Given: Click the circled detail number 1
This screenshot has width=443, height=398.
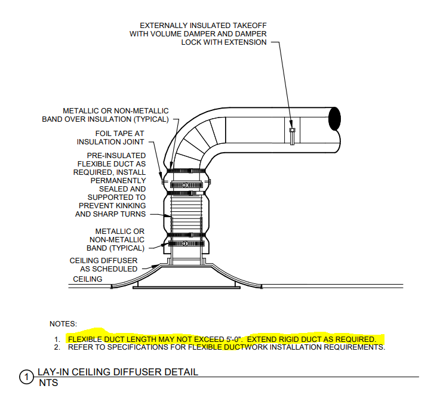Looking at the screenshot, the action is click(x=26, y=377).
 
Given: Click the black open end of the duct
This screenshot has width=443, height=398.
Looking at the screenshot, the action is click(x=334, y=119).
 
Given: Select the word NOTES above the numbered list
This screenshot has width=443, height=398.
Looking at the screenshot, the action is click(x=63, y=324).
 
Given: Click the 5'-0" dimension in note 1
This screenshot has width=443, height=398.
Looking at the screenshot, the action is click(x=234, y=339).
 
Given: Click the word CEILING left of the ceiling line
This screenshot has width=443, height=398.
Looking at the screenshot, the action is click(x=88, y=279).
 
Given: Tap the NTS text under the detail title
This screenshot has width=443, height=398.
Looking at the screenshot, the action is click(x=48, y=382).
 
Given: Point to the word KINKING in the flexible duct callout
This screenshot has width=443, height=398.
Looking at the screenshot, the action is click(x=130, y=205).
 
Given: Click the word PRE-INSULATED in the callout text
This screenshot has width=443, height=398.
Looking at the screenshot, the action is click(x=116, y=156).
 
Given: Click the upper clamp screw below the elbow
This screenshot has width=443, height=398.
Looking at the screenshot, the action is click(x=185, y=185).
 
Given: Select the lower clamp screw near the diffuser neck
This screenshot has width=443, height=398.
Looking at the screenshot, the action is click(x=185, y=243).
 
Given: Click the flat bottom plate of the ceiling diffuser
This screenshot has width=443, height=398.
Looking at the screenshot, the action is click(x=186, y=288).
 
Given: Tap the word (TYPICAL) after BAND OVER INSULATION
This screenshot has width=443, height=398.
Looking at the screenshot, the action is click(x=151, y=119).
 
